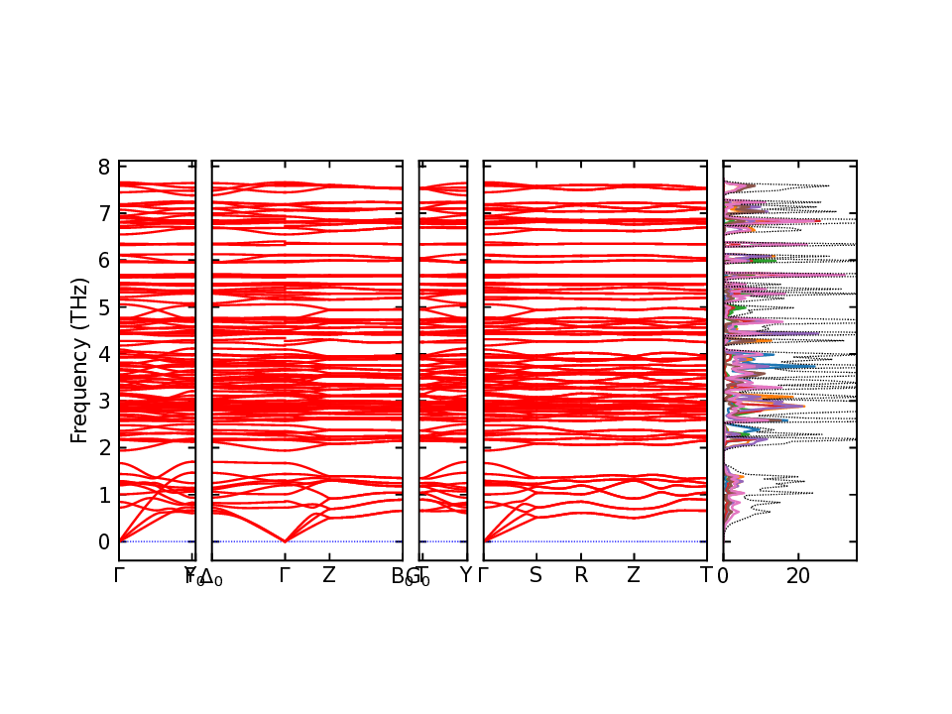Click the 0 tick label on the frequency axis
tap(104, 541)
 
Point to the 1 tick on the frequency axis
tap(104, 494)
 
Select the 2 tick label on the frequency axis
tap(104, 447)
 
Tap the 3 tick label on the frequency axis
tap(104, 401)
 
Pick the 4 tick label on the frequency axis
tap(104, 353)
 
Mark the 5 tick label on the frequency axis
tap(104, 306)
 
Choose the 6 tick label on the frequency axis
tap(104, 259)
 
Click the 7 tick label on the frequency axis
tap(104, 212)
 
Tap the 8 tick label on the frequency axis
tap(104, 166)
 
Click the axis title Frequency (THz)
tap(79, 361)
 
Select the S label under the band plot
tap(535, 575)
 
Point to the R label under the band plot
tap(581, 575)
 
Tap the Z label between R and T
tap(633, 575)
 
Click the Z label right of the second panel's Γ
tap(329, 575)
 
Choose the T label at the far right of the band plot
tap(706, 575)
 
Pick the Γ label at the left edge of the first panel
tap(119, 575)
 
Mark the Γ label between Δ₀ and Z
tap(286, 575)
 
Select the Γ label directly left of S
tap(484, 575)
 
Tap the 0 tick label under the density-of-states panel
tap(723, 575)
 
